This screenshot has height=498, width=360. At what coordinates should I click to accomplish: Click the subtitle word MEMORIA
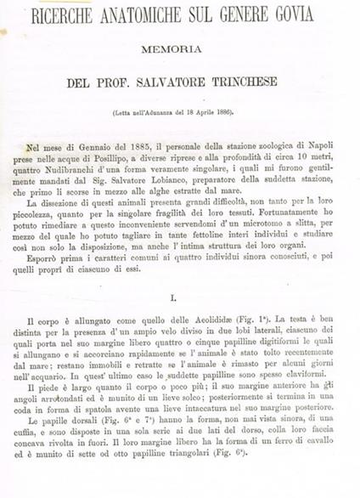179,48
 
